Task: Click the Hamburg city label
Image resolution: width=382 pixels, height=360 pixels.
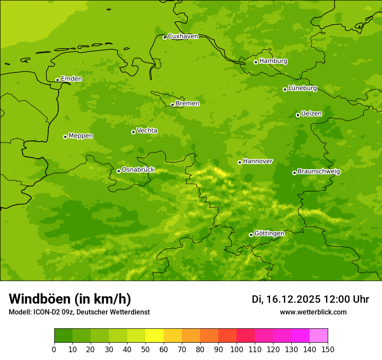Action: [x=273, y=61]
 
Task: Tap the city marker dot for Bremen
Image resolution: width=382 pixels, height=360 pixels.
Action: [x=172, y=105]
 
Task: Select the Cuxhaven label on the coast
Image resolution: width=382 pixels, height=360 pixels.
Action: [x=183, y=36]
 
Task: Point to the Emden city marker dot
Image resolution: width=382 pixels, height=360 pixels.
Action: [x=57, y=80]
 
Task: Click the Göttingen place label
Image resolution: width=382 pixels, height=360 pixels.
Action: [x=269, y=234]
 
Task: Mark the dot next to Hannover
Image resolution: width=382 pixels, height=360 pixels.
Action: [x=240, y=162]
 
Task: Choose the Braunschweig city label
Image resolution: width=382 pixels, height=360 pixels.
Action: [x=319, y=172]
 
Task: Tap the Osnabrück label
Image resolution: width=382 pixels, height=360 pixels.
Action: [x=138, y=170]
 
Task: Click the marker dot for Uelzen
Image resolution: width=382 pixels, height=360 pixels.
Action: [x=298, y=115]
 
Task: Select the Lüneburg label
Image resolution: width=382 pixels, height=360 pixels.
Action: [x=303, y=88]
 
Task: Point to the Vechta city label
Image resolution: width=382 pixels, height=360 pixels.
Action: [x=147, y=131]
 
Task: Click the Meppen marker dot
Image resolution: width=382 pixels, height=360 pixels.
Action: [x=65, y=137]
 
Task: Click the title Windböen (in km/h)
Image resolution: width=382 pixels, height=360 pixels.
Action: [x=70, y=299]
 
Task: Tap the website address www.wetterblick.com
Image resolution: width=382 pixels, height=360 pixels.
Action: [x=313, y=312]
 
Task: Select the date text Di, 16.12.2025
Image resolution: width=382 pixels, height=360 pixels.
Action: [x=286, y=299]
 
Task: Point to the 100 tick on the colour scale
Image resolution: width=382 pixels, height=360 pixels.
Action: [x=237, y=349]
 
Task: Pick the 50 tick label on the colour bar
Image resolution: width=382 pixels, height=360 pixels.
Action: [x=145, y=349]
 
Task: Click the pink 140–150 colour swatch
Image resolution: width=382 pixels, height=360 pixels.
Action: [x=319, y=336]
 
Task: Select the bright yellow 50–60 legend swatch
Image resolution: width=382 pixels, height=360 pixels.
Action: [x=155, y=336]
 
